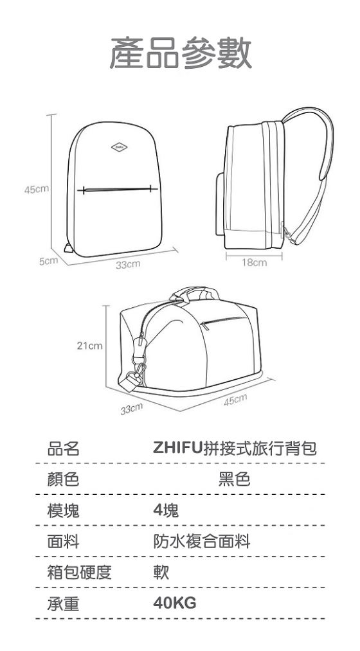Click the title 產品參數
pyautogui.click(x=181, y=52)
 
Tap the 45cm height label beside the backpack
pyautogui.click(x=37, y=190)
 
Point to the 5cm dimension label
pyautogui.click(x=48, y=261)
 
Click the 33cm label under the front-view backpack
pyautogui.click(x=128, y=265)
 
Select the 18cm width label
pyautogui.click(x=254, y=262)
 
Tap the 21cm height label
pyautogui.click(x=90, y=346)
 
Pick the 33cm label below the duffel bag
pyautogui.click(x=132, y=409)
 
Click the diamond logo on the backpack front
pyautogui.click(x=119, y=147)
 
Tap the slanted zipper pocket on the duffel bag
pyautogui.click(x=223, y=321)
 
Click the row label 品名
pyautogui.click(x=63, y=449)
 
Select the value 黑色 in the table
pyautogui.click(x=234, y=479)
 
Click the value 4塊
pyautogui.click(x=166, y=510)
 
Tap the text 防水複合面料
pyautogui.click(x=202, y=541)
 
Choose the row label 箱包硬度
pyautogui.click(x=79, y=572)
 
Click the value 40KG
pyautogui.click(x=175, y=603)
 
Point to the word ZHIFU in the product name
pyautogui.click(x=177, y=449)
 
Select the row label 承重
pyautogui.click(x=63, y=603)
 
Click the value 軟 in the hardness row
pyautogui.click(x=161, y=572)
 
